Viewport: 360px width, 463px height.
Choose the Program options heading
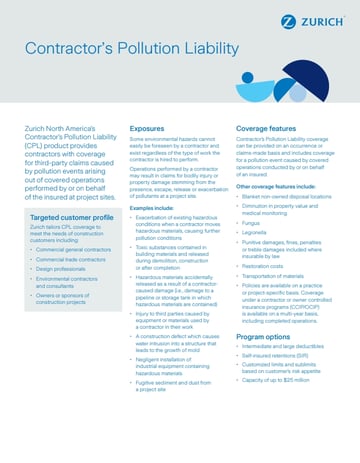point(265,365)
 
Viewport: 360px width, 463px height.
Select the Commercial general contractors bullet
point(71,277)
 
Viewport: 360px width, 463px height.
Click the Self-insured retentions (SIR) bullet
point(280,386)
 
